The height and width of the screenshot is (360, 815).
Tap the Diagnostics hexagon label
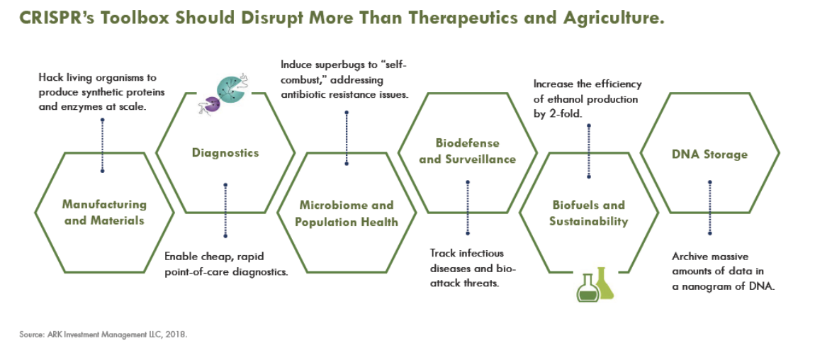[225, 153]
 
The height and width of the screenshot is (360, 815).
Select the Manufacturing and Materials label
[104, 213]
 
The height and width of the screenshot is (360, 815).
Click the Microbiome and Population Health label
[346, 213]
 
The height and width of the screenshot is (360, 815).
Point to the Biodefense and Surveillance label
[467, 151]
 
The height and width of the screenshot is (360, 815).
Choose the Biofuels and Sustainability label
[588, 213]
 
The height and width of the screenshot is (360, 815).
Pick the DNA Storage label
[709, 154]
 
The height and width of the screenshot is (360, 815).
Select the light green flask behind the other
[604, 284]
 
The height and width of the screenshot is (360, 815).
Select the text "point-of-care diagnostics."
[226, 271]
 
